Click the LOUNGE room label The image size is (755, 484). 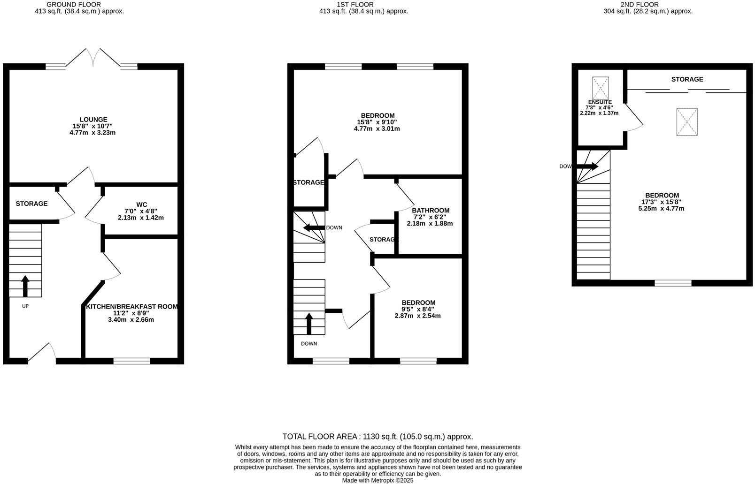(x=93, y=120)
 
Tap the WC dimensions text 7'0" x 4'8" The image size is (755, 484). (x=141, y=211)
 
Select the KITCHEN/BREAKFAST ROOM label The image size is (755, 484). (x=131, y=307)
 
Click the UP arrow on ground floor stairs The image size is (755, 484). (x=25, y=286)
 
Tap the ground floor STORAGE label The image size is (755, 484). (x=31, y=204)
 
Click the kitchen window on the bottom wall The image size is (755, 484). (x=131, y=361)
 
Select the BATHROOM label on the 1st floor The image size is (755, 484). (x=431, y=211)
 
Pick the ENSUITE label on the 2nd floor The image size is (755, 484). (x=600, y=102)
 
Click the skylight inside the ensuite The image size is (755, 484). (x=600, y=88)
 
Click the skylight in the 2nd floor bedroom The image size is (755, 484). (x=686, y=122)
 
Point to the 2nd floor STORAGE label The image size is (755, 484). (x=687, y=79)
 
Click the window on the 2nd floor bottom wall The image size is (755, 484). (x=673, y=283)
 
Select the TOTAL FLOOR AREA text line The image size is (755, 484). (x=377, y=437)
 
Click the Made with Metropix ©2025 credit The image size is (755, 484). (x=377, y=480)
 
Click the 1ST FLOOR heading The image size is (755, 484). (x=362, y=4)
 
